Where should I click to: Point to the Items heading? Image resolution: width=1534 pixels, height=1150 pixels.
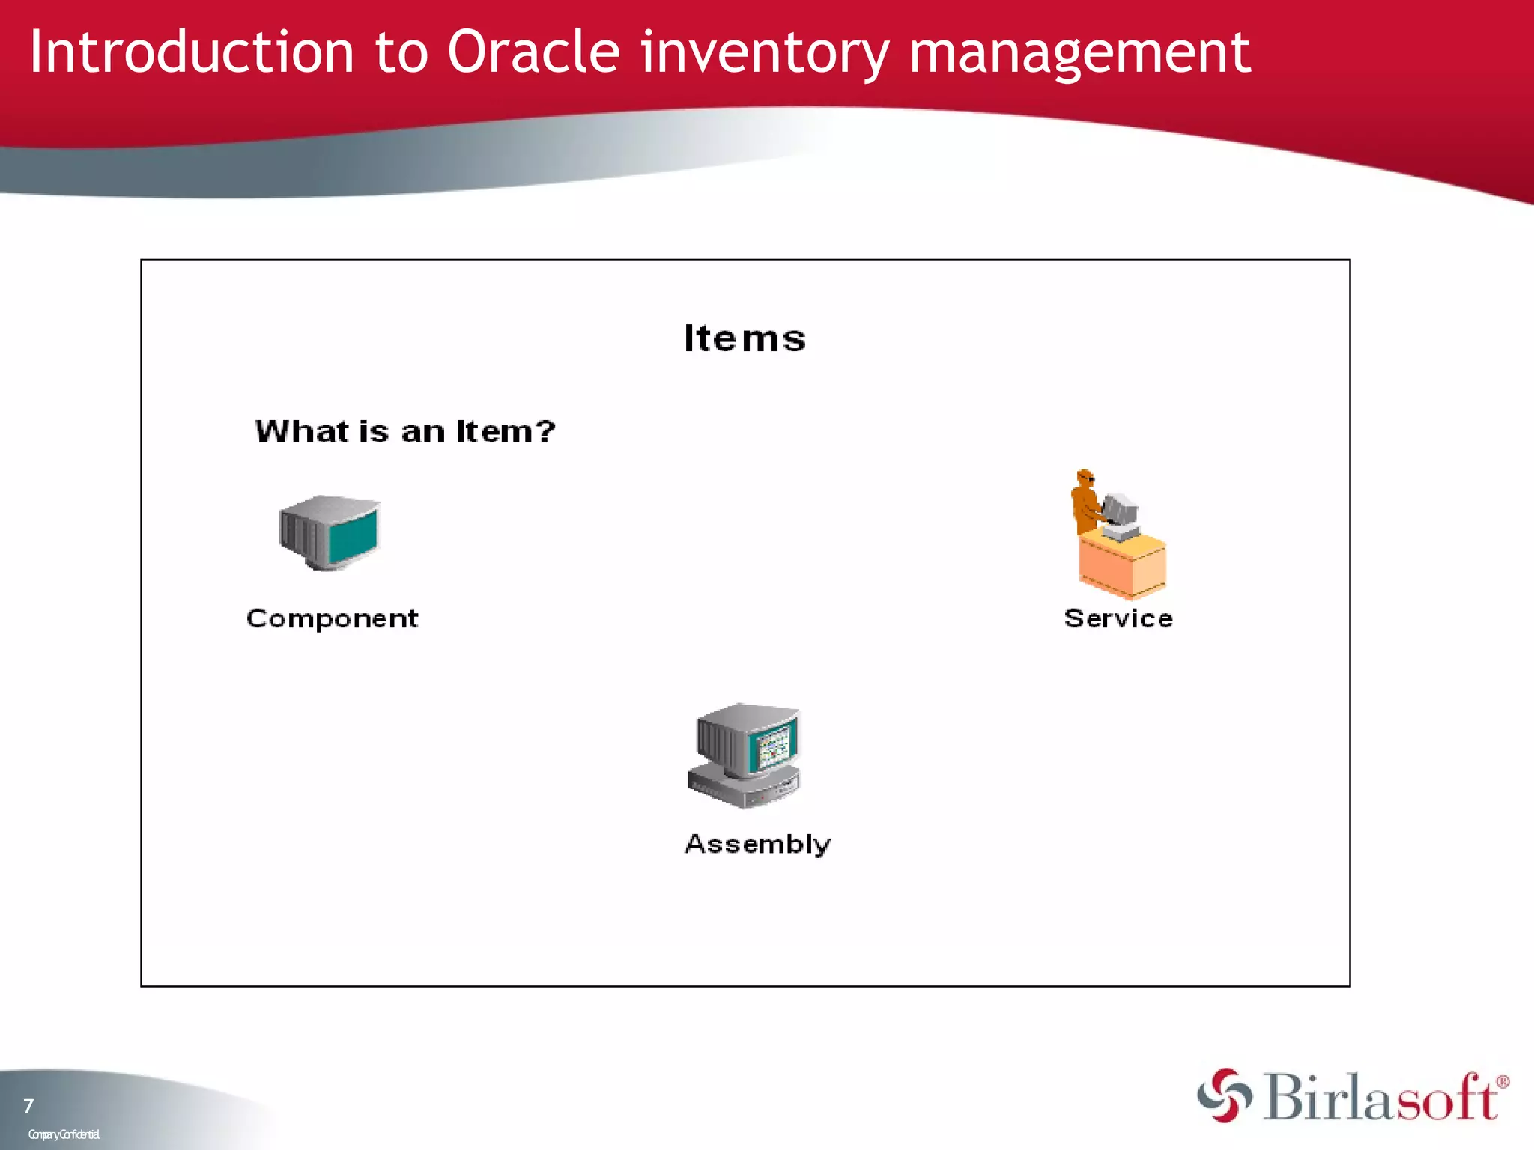pyautogui.click(x=745, y=338)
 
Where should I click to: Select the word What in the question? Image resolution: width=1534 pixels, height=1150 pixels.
pyautogui.click(x=301, y=431)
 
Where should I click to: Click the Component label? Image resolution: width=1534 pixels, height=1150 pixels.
pyautogui.click(x=332, y=618)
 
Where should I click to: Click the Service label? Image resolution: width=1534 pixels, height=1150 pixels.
pyautogui.click(x=1118, y=618)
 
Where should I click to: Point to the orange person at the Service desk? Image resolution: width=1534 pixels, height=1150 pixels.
pyautogui.click(x=1085, y=502)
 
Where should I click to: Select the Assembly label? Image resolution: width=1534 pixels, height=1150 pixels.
pyautogui.click(x=757, y=844)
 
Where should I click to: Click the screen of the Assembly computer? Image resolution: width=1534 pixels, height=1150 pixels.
pyautogui.click(x=773, y=746)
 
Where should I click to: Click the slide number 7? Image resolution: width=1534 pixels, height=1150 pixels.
pyautogui.click(x=28, y=1106)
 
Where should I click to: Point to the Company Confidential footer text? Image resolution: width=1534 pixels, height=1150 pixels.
pyautogui.click(x=64, y=1134)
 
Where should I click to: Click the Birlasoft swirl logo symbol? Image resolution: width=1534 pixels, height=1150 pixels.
pyautogui.click(x=1224, y=1095)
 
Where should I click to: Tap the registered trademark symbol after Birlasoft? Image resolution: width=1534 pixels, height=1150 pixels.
pyautogui.click(x=1502, y=1082)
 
